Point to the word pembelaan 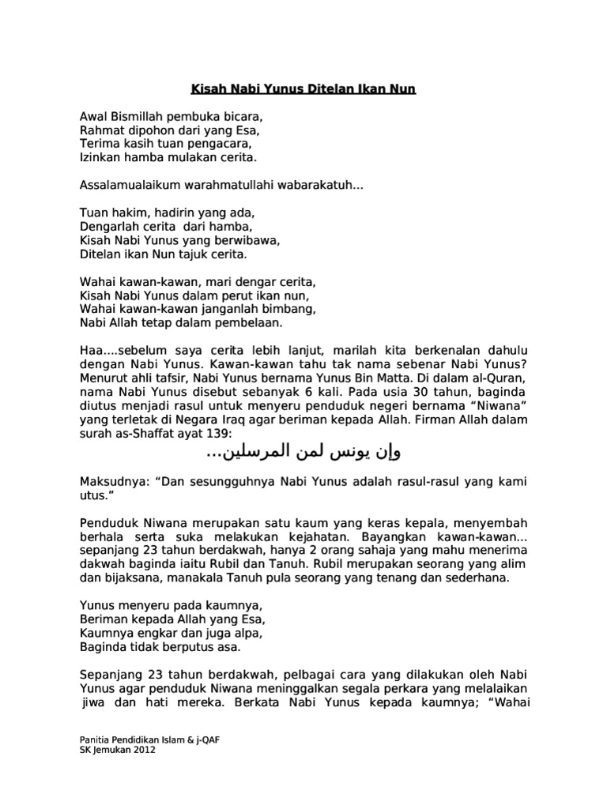[236, 323]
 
